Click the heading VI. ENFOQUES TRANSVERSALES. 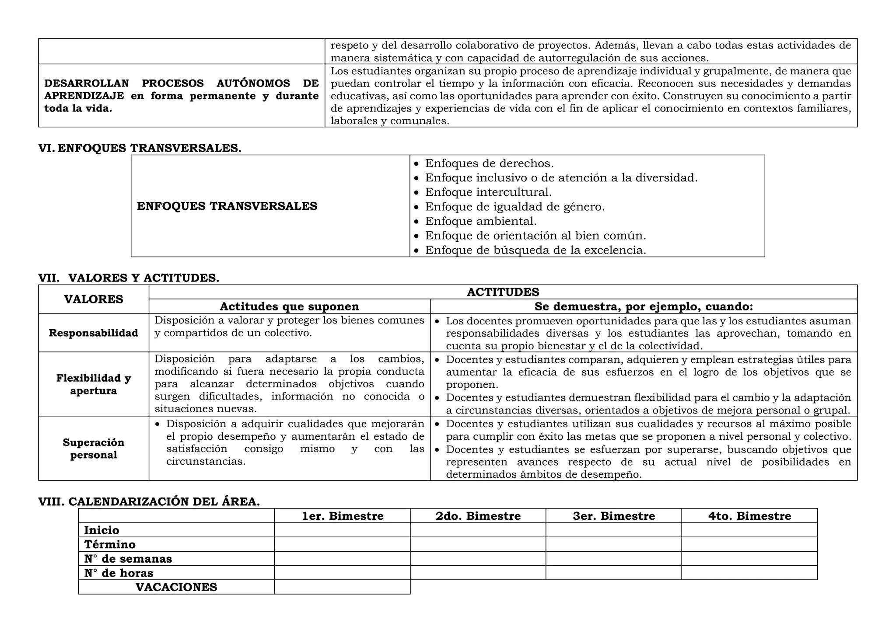140,148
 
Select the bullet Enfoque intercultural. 488,192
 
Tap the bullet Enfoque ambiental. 480,221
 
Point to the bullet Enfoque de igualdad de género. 514,207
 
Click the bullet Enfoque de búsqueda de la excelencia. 535,250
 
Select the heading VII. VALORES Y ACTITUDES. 129,278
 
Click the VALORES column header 94,299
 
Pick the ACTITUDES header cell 503,292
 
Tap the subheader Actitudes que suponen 289,306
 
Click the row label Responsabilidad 94,333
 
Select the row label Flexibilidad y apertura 94,384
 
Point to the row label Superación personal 94,449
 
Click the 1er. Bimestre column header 342,516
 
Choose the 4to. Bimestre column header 749,516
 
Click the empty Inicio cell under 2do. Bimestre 478,530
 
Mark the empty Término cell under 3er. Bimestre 613,545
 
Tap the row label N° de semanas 128,559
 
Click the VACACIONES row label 176,588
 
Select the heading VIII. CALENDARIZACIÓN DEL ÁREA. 149,502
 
